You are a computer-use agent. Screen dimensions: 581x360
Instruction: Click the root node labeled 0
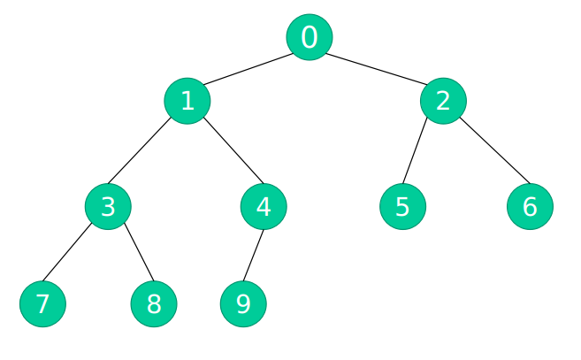310,37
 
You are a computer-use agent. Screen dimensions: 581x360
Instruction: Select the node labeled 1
187,101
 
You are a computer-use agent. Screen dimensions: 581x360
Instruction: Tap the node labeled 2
443,101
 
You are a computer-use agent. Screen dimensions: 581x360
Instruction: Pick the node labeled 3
108,206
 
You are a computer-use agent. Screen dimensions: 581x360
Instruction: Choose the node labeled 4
264,206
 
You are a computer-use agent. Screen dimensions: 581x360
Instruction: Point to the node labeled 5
402,206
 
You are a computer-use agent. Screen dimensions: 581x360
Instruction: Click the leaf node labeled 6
530,206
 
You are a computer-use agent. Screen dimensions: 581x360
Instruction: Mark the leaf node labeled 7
43,304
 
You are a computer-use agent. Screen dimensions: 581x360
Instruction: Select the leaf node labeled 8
154,304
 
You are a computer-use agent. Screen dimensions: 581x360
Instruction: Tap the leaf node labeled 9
243,304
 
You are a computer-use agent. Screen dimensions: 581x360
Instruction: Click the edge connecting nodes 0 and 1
248,69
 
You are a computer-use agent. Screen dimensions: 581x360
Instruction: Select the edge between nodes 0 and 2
377,69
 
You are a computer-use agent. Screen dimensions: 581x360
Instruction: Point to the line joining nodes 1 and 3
140,150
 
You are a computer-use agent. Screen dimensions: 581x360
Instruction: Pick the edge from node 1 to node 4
233,150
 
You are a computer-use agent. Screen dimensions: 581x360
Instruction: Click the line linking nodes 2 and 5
415,150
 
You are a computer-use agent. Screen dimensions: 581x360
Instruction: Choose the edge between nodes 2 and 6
495,150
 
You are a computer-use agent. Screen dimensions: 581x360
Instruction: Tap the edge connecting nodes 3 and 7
67,252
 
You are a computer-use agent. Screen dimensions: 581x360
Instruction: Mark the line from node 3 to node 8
139,252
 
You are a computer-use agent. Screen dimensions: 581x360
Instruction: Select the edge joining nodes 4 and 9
254,256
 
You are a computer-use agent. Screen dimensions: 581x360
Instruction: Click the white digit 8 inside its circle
154,304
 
